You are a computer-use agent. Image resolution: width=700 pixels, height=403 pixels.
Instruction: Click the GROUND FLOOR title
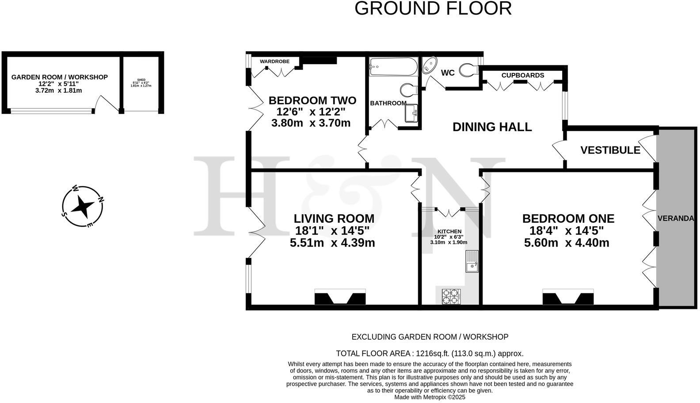(433, 8)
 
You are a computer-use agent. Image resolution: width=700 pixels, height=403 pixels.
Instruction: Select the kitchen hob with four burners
(451, 296)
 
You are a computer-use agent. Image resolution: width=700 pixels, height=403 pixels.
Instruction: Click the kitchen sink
(472, 261)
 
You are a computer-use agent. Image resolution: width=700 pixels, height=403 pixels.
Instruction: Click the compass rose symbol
(83, 206)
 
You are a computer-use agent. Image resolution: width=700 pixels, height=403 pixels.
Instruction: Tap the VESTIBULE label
(610, 150)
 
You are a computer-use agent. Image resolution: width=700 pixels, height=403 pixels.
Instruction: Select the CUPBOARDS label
(522, 75)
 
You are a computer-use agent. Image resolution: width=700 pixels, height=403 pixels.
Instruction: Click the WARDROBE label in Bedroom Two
(274, 61)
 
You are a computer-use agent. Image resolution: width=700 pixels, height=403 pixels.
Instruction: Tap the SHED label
(141, 80)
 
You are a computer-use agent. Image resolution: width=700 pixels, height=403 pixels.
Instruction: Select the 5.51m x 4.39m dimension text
(332, 243)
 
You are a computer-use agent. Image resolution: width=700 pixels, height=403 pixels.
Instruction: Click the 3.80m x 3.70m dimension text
(311, 123)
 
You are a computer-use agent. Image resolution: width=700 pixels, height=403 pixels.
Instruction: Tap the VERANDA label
(675, 218)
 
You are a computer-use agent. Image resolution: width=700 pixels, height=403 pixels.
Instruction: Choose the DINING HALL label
(492, 127)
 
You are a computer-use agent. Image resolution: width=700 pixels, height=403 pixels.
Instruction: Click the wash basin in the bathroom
(411, 114)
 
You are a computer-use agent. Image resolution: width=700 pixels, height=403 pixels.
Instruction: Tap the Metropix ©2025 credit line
(430, 397)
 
